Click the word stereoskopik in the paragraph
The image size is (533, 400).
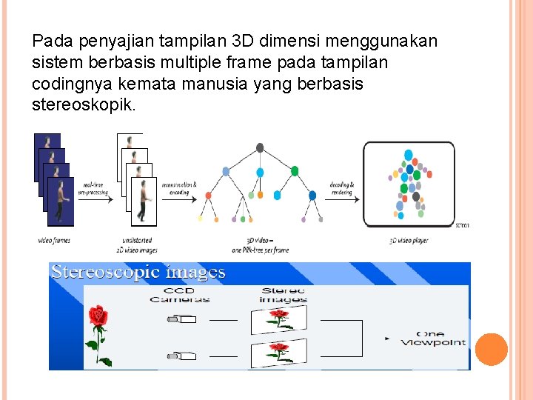[84, 104]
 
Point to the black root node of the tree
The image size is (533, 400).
[260, 148]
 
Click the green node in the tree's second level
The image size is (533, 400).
[295, 171]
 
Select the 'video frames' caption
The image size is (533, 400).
[55, 241]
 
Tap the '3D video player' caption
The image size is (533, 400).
[409, 241]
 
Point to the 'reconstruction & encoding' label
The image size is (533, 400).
[178, 188]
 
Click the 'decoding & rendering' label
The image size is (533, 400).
[341, 188]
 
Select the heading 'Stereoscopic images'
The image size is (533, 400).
[138, 272]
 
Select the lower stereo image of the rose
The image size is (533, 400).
[278, 349]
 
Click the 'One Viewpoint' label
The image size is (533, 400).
[433, 339]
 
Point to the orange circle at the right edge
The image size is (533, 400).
[491, 349]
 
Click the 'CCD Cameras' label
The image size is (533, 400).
[179, 295]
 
